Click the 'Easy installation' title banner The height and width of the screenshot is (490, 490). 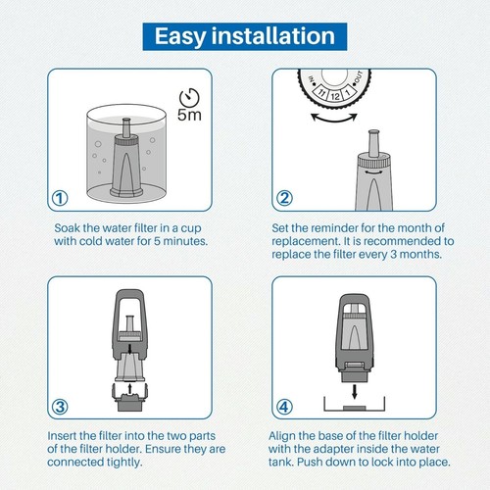click(244, 37)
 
